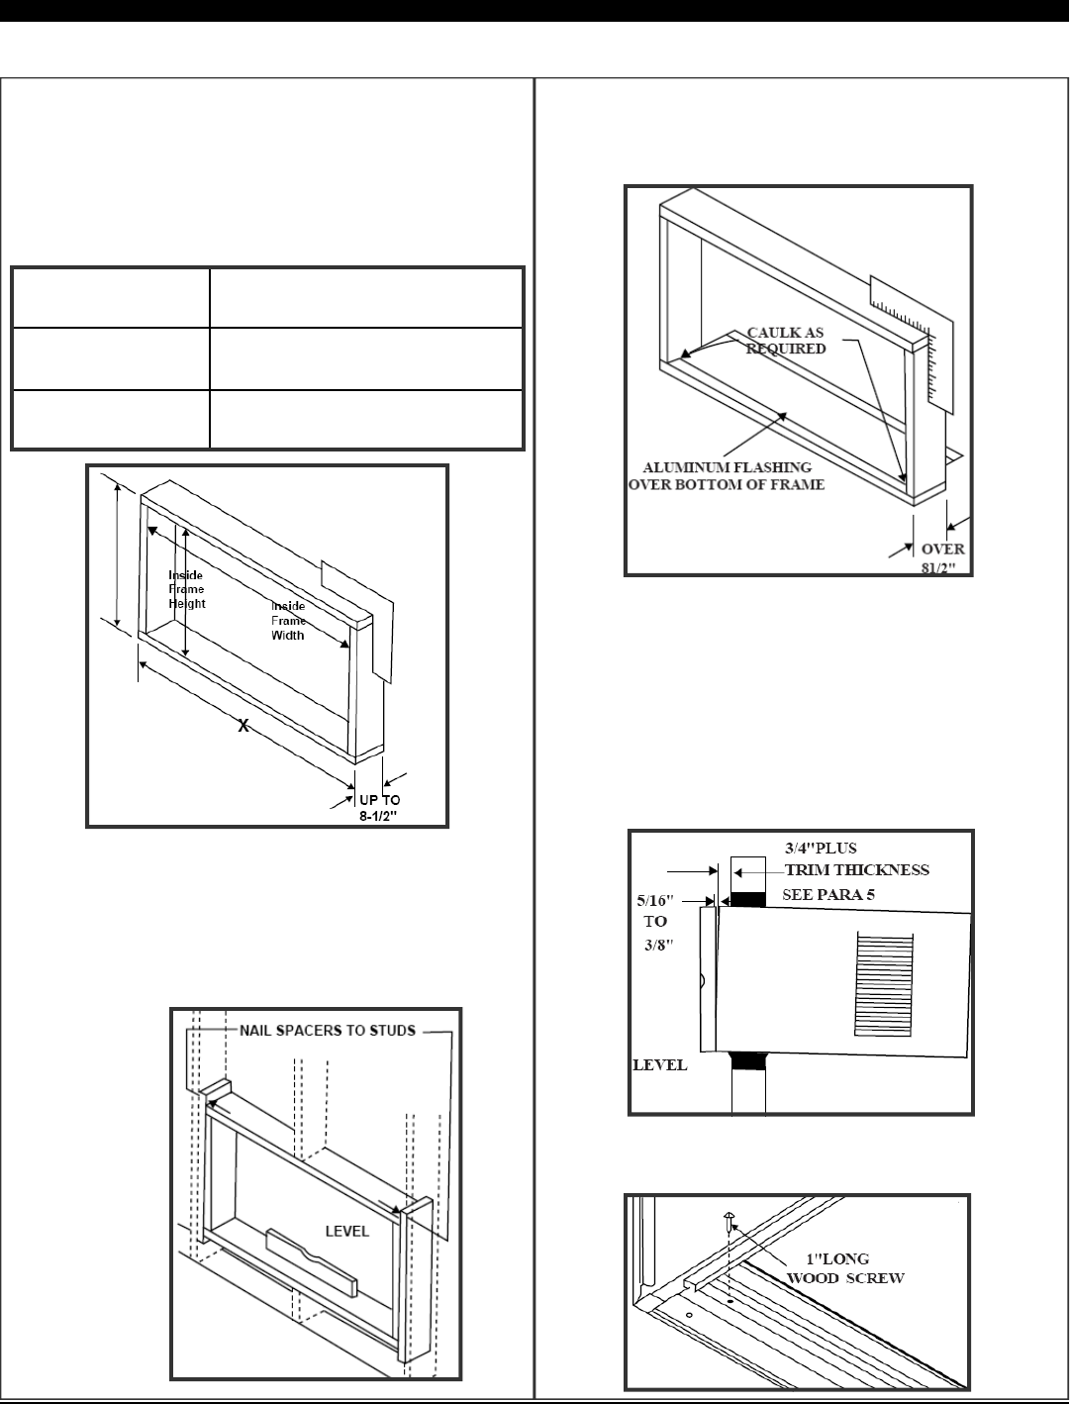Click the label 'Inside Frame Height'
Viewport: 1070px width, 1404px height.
pos(186,589)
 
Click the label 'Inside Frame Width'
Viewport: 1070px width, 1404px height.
pos(288,620)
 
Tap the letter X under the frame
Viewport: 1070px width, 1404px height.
pos(243,726)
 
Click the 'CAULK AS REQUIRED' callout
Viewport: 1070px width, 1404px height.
pos(786,341)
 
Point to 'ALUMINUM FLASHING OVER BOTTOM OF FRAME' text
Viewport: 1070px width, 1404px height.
pos(728,475)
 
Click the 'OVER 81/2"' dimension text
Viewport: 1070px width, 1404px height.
pos(942,557)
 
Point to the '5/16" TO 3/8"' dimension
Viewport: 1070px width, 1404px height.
pos(655,921)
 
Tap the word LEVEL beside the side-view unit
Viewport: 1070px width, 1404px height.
pos(659,1065)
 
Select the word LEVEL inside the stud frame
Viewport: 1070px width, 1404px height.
pos(347,1231)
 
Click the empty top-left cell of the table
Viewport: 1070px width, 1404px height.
pos(110,297)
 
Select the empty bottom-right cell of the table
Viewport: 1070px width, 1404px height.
pos(365,420)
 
